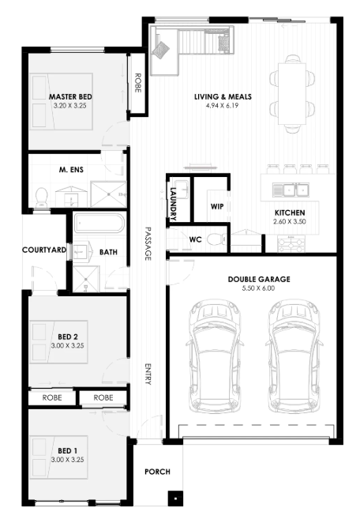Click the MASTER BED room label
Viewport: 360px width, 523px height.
(x=70, y=96)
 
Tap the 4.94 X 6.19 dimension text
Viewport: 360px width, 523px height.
(x=223, y=106)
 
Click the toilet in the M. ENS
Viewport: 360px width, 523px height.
(x=42, y=197)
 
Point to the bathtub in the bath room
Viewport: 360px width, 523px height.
(x=99, y=224)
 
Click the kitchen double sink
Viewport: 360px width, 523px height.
(x=291, y=190)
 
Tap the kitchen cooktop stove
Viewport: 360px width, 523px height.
(x=291, y=244)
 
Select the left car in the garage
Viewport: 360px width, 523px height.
(x=215, y=356)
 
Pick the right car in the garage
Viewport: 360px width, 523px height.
(x=294, y=356)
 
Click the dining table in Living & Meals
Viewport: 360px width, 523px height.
(x=292, y=94)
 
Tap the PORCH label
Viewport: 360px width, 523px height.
(x=157, y=472)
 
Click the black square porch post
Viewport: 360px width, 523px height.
(x=175, y=499)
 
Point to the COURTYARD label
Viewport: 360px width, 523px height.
(x=44, y=250)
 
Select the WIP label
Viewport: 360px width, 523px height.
(x=217, y=206)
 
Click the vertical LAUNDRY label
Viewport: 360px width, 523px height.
(x=173, y=204)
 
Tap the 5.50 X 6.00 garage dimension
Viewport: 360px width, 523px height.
(x=259, y=288)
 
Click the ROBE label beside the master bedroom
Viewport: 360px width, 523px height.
(x=137, y=83)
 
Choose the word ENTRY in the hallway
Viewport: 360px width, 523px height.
(x=148, y=374)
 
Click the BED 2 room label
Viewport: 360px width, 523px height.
(x=68, y=337)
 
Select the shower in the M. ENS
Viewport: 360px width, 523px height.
(x=109, y=194)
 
